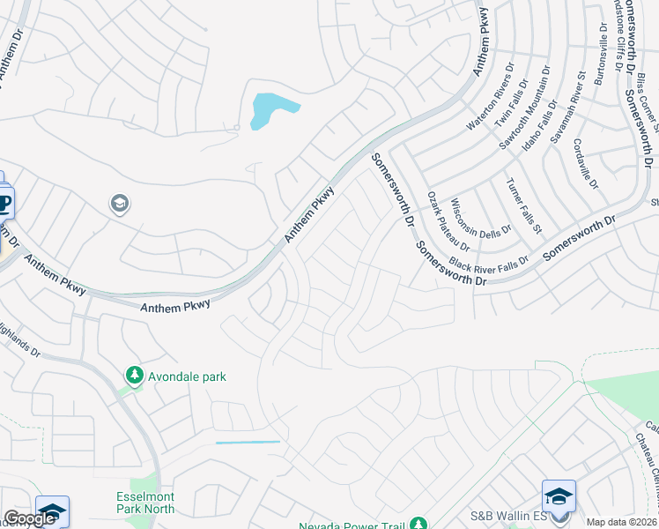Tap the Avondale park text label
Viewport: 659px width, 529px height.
186,376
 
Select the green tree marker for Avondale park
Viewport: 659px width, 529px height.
134,376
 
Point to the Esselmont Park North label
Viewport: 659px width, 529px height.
145,503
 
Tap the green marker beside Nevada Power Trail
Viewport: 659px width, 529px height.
419,524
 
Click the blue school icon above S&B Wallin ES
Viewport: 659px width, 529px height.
559,496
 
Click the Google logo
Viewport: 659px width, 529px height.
29,518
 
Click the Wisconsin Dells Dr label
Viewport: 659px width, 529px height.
480,220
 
